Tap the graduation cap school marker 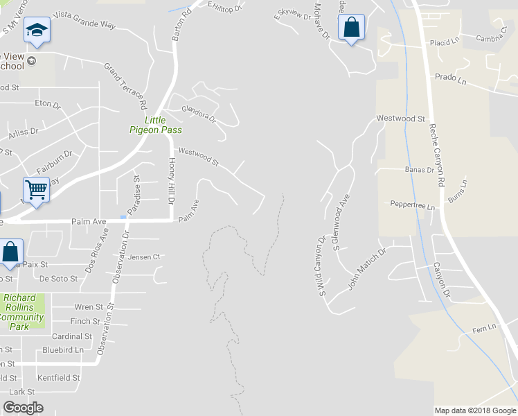point(36,30)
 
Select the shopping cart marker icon point(36,189)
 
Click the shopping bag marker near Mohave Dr point(352,28)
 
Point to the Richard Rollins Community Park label point(23,312)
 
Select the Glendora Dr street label point(199,114)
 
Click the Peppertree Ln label point(412,205)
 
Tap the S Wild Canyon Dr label point(321,268)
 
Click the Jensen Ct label point(143,257)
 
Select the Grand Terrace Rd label point(126,87)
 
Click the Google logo point(23,408)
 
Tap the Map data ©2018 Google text point(474,410)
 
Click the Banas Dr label point(419,169)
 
